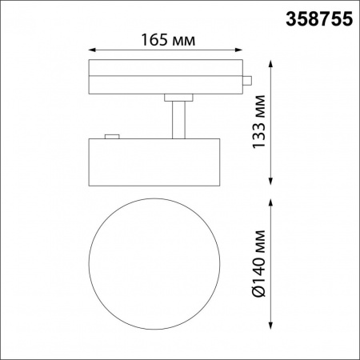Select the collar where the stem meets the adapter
tap(178, 98)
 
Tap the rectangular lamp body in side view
tap(153, 162)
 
